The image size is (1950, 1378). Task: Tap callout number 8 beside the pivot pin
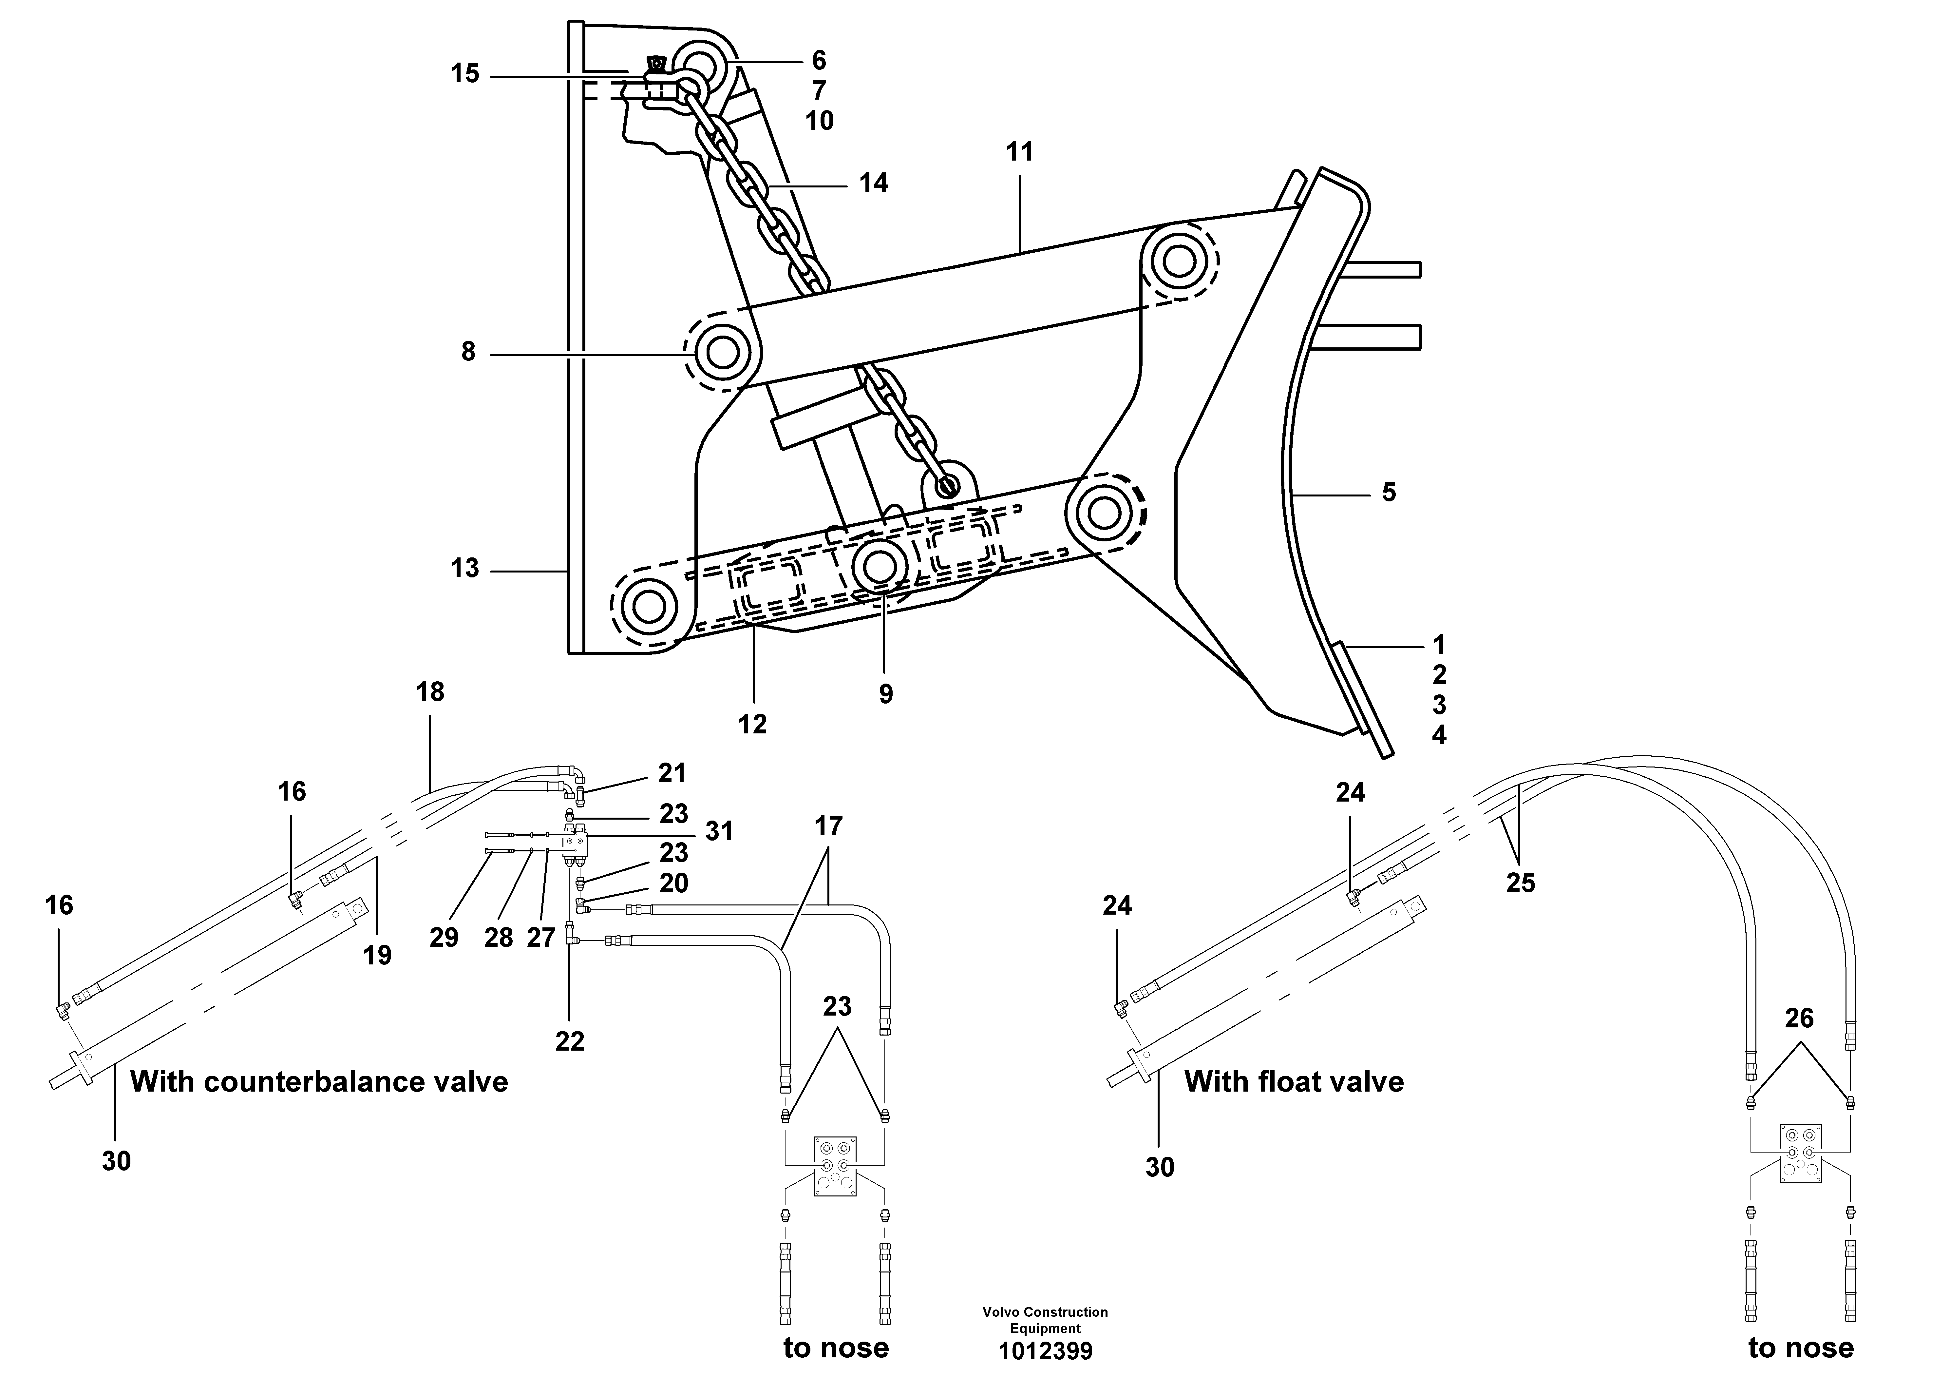click(x=468, y=352)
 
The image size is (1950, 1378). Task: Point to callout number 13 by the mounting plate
click(x=464, y=568)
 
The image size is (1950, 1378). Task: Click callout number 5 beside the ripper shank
click(x=1389, y=492)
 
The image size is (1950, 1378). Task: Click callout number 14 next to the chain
click(x=873, y=183)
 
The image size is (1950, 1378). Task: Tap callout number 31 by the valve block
click(x=718, y=831)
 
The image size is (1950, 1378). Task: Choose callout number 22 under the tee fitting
click(x=570, y=1041)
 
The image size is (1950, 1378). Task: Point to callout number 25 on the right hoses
click(x=1520, y=883)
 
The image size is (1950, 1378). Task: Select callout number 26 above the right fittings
click(x=1799, y=1018)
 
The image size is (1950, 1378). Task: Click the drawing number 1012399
click(x=1045, y=1351)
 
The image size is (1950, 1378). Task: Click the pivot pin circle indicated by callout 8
click(x=722, y=352)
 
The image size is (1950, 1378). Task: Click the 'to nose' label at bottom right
click(x=1801, y=1348)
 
